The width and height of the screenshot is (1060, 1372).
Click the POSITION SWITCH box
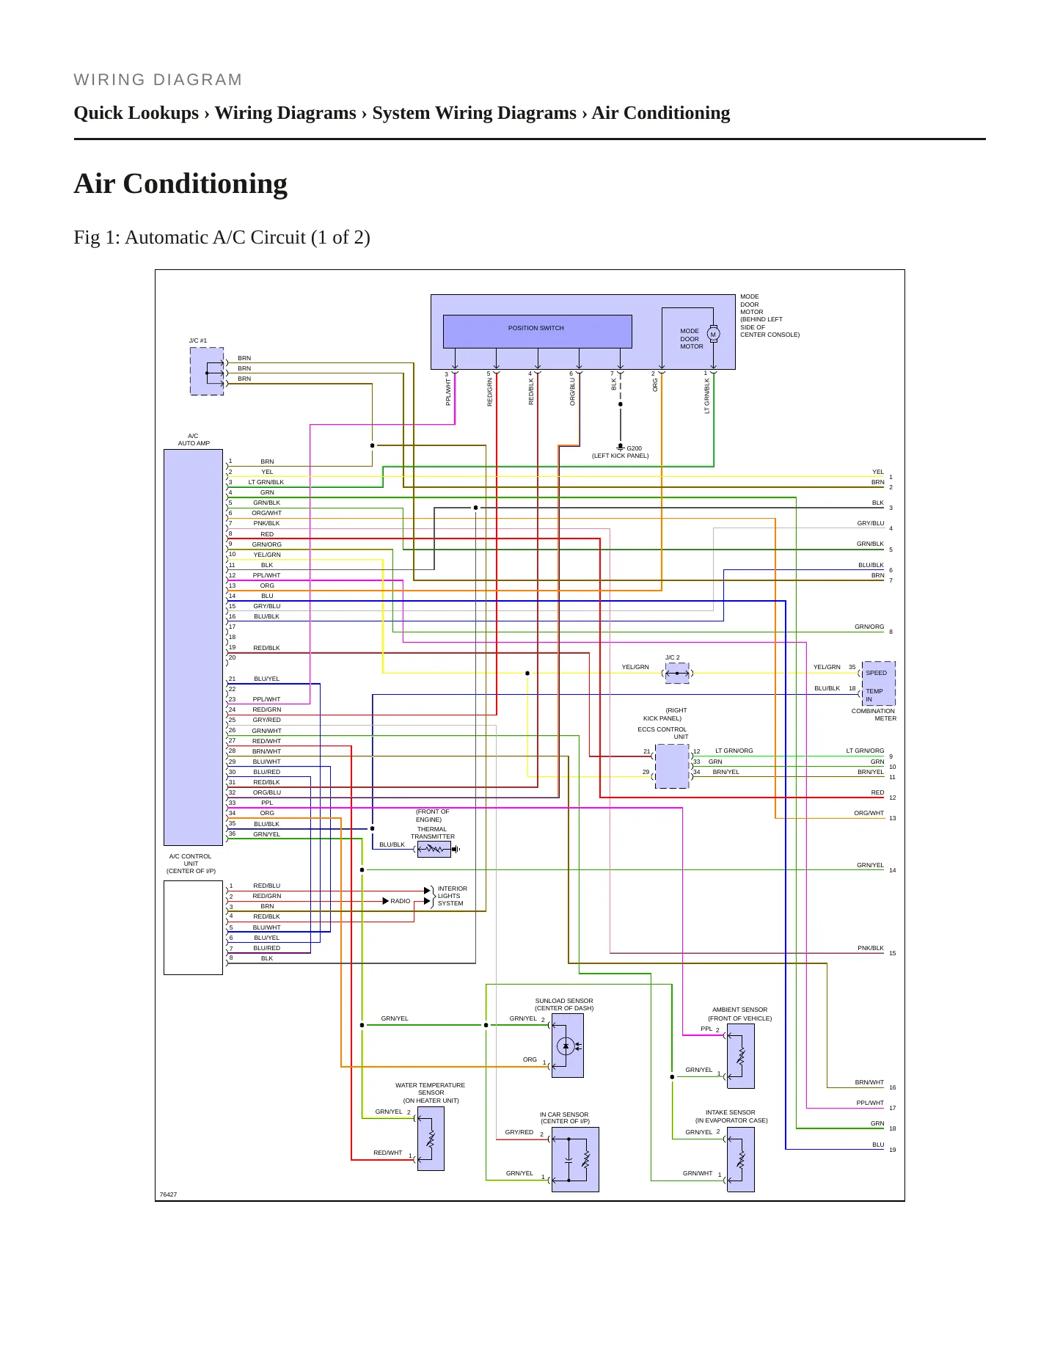click(x=537, y=332)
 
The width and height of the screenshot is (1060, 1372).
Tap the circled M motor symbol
click(x=713, y=335)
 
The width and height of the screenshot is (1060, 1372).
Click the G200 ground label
click(x=634, y=448)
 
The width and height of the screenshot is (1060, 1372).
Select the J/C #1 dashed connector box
click(x=207, y=371)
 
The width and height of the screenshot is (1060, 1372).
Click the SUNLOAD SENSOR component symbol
click(x=567, y=1046)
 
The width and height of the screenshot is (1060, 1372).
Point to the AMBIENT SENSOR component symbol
click(x=741, y=1056)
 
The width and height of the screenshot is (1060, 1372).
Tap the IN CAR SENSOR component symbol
click(x=575, y=1159)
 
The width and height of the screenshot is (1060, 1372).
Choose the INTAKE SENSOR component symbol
click(x=741, y=1159)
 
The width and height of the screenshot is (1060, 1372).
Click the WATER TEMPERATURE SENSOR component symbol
click(x=431, y=1139)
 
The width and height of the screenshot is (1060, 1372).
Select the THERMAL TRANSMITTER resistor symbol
click(x=434, y=849)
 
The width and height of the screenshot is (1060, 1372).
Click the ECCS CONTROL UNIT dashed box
click(x=672, y=766)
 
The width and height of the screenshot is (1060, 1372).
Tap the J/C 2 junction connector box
click(x=677, y=673)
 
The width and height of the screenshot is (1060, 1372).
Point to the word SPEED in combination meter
click(x=876, y=673)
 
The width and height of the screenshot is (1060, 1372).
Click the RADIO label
click(x=401, y=901)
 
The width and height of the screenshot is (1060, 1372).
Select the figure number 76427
click(x=169, y=1194)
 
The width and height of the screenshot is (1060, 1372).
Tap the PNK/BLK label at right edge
click(x=871, y=948)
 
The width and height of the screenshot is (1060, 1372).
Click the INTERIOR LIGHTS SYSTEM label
click(x=452, y=896)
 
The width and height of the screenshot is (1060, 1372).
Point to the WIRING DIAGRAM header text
click(x=158, y=80)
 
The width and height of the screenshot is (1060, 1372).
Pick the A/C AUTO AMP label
click(x=194, y=439)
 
